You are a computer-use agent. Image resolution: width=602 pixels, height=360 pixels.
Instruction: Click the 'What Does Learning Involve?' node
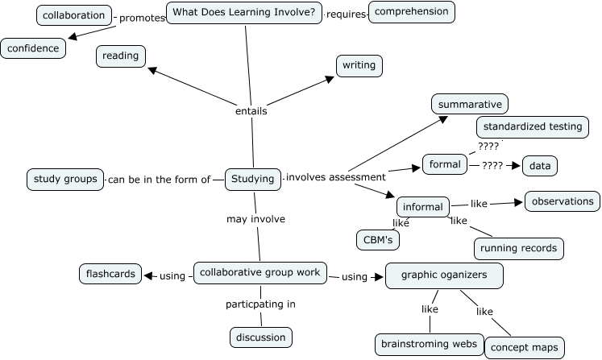pos(244,14)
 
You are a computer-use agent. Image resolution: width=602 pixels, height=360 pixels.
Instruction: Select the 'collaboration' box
pos(73,15)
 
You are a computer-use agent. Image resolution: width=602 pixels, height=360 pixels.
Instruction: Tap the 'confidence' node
pos(34,48)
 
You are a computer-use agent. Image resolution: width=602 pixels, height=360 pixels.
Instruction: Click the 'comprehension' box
pos(412,12)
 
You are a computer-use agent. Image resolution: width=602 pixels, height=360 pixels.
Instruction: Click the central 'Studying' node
pos(252,179)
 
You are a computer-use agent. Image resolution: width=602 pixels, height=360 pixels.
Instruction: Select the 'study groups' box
pos(65,179)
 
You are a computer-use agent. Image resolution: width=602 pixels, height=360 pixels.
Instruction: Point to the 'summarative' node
pos(470,105)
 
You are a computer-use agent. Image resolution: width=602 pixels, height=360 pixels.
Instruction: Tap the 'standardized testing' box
pos(533,127)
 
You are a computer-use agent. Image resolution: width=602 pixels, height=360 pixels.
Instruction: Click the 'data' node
pos(540,166)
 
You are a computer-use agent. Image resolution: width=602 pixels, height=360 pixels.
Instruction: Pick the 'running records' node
pos(518,249)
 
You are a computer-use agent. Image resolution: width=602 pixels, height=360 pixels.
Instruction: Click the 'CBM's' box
pos(378,240)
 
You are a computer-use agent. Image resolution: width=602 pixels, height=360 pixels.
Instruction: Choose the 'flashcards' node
pos(111,274)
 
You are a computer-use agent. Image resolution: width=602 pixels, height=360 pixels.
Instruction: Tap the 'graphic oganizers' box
pos(445,275)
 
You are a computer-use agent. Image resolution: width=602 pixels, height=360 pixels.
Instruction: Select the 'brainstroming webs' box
pos(430,345)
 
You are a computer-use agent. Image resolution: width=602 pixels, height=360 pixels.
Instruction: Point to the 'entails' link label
pos(251,111)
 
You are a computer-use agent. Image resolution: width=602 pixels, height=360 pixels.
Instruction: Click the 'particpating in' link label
pos(260,304)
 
